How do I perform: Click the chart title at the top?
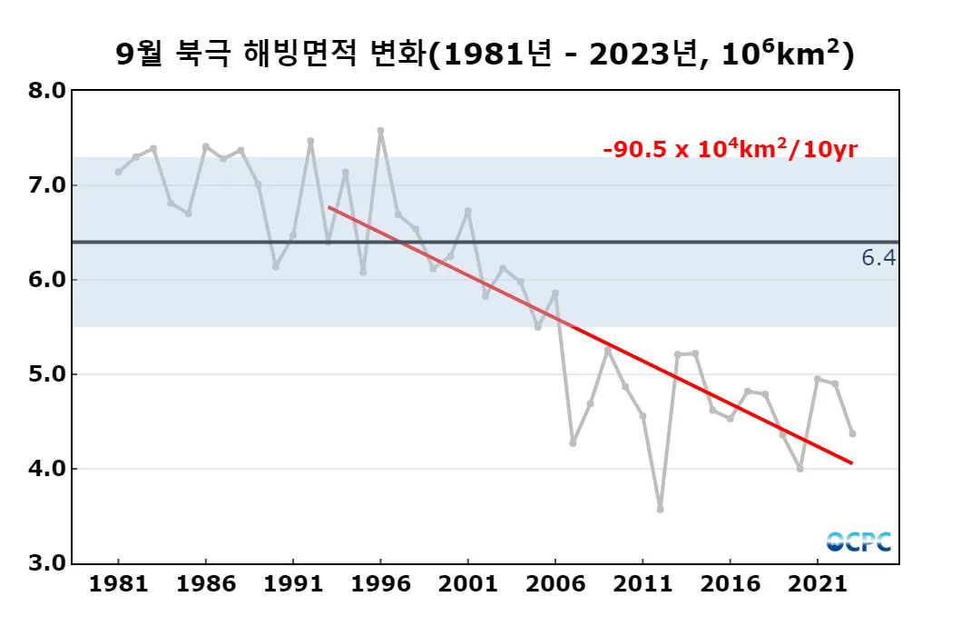tap(485, 55)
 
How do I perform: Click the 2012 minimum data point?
tap(660, 509)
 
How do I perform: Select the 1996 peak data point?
tap(380, 131)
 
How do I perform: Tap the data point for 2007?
tap(573, 442)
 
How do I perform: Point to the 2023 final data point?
tap(852, 433)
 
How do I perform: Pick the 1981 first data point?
tap(119, 172)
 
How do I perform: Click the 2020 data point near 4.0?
tap(799, 469)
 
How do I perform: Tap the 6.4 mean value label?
tap(878, 259)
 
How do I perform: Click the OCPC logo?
tap(858, 542)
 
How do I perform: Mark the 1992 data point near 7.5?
tap(310, 141)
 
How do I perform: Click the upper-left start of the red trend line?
tap(329, 207)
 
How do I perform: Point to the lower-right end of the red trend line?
tap(852, 463)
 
